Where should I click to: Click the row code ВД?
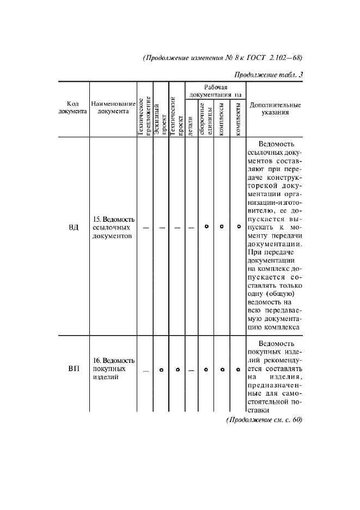click(x=74, y=227)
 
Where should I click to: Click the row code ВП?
click(x=74, y=369)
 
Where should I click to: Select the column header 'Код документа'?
click(x=73, y=107)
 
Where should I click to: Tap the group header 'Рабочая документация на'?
click(x=216, y=90)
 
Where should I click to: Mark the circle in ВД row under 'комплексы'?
click(x=222, y=227)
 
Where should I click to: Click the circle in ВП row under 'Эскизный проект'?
click(x=161, y=370)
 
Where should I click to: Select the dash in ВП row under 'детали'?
click(x=191, y=370)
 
